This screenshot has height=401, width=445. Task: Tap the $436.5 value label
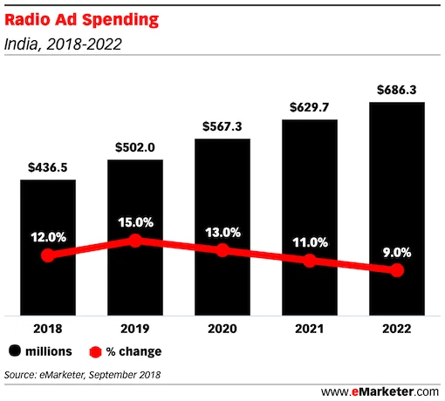(48, 167)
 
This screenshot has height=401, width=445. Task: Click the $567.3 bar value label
(222, 126)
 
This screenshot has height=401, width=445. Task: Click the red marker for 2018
(48, 255)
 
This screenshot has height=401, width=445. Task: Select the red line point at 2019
(135, 240)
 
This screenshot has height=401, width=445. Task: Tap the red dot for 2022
(397, 271)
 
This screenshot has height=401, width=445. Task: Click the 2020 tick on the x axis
(222, 330)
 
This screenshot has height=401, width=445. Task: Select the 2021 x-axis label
(309, 330)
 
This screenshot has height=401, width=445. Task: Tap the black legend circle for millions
(16, 351)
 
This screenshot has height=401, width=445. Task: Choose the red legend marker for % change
(97, 351)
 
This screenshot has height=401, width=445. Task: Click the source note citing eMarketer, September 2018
(83, 375)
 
